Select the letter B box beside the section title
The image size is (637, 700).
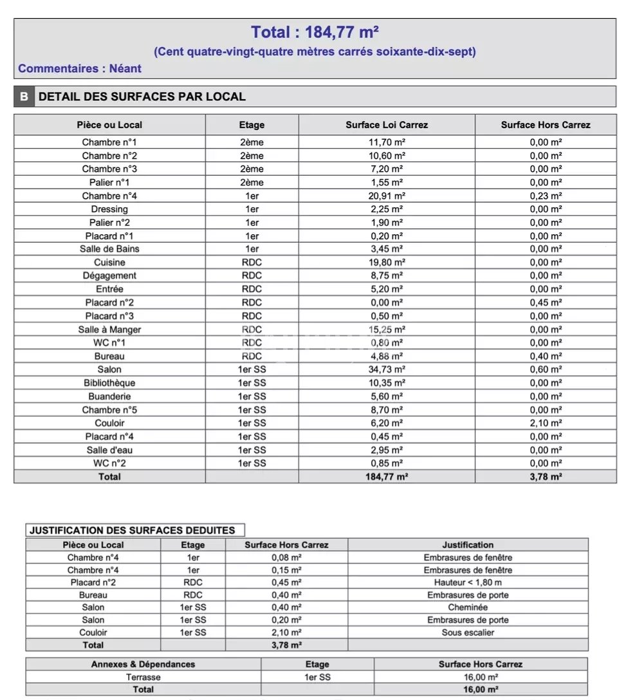[x=24, y=97]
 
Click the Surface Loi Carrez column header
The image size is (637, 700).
[x=386, y=125]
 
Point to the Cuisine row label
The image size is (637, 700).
[x=109, y=262]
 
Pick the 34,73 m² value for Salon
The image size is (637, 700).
[x=386, y=369]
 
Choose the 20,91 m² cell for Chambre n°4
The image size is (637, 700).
[x=386, y=196]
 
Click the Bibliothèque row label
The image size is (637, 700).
[x=109, y=383]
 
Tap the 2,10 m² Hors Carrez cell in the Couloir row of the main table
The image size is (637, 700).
[x=546, y=423]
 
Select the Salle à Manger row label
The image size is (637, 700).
[x=109, y=329]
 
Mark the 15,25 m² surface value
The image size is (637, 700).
[x=386, y=329]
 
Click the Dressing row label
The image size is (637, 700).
[x=109, y=209]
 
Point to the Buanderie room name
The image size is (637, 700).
[x=109, y=396]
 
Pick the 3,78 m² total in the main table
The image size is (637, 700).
[x=546, y=477]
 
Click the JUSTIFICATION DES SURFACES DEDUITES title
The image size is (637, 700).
[x=132, y=531]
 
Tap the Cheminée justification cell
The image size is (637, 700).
[x=468, y=607]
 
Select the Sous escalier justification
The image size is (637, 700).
[x=468, y=632]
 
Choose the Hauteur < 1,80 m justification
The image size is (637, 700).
[x=468, y=582]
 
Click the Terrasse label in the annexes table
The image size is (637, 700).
[x=143, y=677]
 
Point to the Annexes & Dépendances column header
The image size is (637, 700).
[x=143, y=664]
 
